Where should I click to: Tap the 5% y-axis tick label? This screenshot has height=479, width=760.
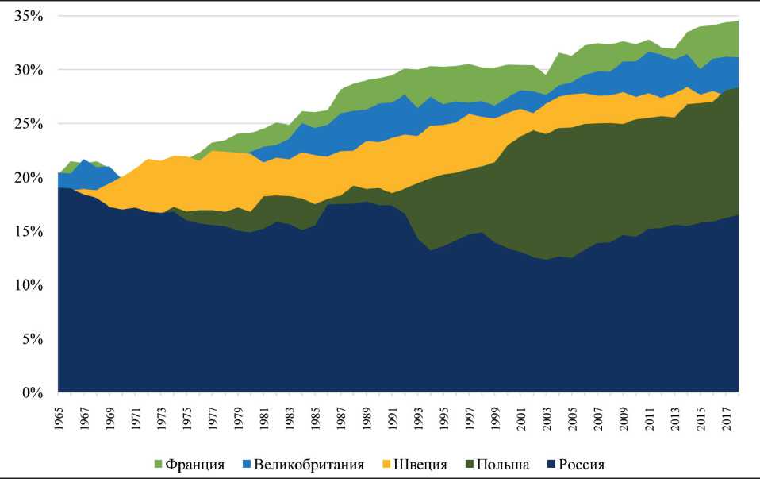click(x=29, y=338)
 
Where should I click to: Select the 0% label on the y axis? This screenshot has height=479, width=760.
click(x=29, y=392)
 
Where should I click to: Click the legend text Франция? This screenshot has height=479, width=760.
click(x=195, y=464)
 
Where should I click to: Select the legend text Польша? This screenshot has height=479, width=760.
click(x=505, y=464)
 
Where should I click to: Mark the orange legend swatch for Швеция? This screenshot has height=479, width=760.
click(x=387, y=464)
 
